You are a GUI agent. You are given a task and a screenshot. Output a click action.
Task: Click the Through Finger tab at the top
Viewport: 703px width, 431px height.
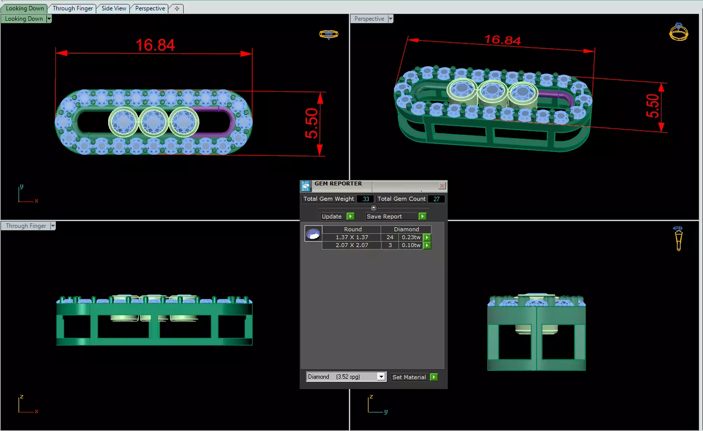(73, 8)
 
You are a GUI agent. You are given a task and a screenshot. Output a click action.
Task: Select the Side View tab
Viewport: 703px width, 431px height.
(114, 8)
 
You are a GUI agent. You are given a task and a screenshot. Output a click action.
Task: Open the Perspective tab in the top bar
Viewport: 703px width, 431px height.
(150, 8)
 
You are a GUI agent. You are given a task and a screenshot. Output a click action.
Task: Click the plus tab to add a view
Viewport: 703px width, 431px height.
(177, 8)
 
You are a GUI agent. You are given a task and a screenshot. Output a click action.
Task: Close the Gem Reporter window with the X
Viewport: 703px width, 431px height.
(442, 185)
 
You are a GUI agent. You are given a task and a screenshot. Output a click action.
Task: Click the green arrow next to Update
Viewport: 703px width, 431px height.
(351, 216)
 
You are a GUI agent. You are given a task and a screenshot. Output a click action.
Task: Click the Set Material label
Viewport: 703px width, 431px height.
(409, 377)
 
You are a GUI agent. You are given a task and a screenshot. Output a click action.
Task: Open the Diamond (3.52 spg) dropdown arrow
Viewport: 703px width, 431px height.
(381, 377)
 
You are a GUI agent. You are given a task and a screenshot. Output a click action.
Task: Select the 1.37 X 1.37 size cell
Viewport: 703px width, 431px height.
(351, 237)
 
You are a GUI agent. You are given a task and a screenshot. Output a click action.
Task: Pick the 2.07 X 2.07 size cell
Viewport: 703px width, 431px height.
(351, 245)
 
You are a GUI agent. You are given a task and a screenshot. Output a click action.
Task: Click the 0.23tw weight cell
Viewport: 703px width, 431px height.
(411, 237)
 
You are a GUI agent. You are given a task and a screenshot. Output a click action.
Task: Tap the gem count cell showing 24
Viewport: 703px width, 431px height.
(390, 237)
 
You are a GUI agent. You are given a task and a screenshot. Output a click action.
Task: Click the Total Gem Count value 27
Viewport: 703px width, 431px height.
(436, 199)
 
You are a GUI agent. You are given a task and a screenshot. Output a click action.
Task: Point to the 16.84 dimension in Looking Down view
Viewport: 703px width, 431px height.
(155, 45)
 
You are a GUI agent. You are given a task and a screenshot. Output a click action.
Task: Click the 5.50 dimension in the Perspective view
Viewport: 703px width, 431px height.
(652, 106)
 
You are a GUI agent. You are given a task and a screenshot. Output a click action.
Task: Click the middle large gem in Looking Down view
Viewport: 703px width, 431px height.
(154, 121)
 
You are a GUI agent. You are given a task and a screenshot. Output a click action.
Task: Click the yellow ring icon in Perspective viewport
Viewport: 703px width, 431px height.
(678, 32)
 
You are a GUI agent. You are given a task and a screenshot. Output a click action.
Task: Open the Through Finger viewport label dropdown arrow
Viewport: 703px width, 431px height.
(53, 226)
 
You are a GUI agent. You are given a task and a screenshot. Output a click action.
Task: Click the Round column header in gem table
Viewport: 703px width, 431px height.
(352, 229)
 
